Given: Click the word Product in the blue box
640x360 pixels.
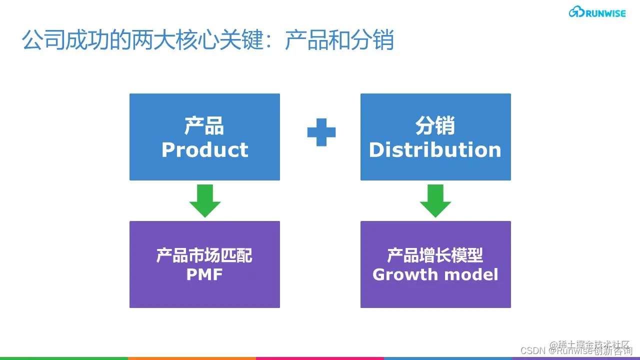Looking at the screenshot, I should click(204, 149).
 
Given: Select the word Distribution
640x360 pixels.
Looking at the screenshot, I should click(435, 149).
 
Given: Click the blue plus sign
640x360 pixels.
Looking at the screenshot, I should click(321, 132).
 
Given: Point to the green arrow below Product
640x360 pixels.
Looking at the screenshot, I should click(204, 200).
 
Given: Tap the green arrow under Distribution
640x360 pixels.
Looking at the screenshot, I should click(435, 200).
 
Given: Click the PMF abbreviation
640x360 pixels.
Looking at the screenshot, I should click(204, 274).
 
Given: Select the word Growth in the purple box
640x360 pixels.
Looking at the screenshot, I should click(405, 274).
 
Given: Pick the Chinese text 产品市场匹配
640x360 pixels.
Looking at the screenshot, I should click(204, 255).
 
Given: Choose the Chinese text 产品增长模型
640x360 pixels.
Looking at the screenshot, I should click(435, 255).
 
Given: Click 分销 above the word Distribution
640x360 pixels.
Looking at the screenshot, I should click(435, 126).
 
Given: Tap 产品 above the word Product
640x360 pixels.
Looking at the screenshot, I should click(204, 126).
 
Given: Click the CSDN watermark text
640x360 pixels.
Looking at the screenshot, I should click(533, 350).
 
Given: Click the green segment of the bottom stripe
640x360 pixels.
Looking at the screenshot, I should click(64, 358).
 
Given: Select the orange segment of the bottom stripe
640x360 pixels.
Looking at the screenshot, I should click(192, 358).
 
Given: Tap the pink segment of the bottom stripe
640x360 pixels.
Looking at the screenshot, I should click(320, 358).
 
